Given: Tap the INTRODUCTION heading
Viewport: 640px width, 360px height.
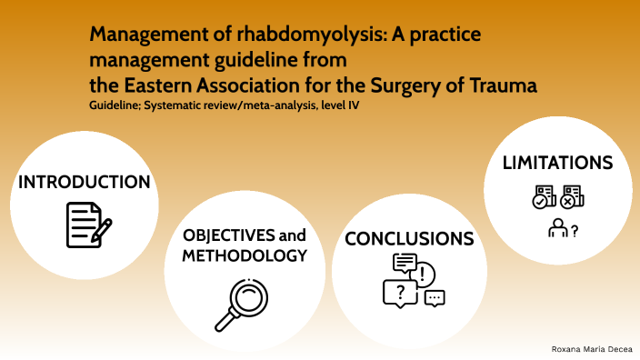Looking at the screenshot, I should (x=85, y=182).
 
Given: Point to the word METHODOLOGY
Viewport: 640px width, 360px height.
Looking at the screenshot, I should (x=245, y=256).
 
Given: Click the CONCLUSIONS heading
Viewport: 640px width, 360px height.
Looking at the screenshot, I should (x=409, y=239).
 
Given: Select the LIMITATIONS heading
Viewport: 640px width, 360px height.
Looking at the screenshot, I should (x=557, y=163).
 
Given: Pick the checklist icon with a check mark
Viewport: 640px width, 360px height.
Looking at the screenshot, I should (x=544, y=197).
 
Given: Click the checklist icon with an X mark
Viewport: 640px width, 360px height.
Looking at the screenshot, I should (x=572, y=197).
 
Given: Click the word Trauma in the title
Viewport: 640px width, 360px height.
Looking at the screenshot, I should (x=499, y=85).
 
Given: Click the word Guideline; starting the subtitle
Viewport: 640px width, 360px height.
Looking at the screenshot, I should (x=115, y=107).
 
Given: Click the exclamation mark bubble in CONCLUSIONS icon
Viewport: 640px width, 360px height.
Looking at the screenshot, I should (x=425, y=272).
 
